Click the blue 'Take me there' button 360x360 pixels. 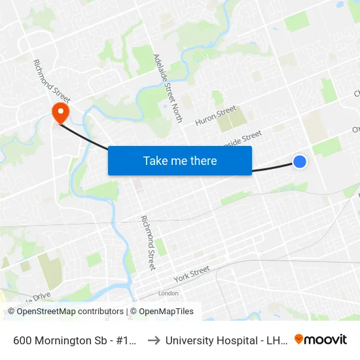point(180,160)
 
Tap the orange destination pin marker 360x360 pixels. point(61,113)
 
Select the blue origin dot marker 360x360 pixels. point(300,161)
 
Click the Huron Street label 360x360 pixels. point(213,117)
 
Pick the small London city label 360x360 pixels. point(168,293)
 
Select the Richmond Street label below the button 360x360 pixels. point(148,243)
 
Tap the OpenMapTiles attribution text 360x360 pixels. point(164,312)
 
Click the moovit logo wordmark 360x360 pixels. point(326,339)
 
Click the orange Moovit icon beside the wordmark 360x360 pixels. point(299,339)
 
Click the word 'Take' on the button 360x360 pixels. point(156,160)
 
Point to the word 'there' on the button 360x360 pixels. point(202,160)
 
